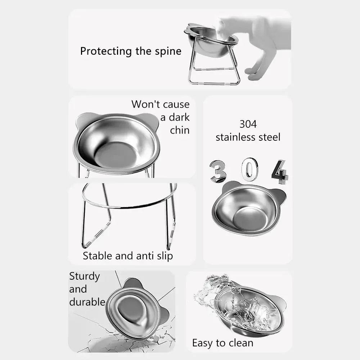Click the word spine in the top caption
(168, 51)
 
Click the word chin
(180, 130)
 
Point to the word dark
(179, 117)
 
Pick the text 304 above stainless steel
(248, 124)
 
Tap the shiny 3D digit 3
(218, 171)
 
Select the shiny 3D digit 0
(250, 170)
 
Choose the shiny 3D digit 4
(280, 172)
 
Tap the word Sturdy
(84, 276)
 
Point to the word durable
(87, 302)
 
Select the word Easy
(203, 343)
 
